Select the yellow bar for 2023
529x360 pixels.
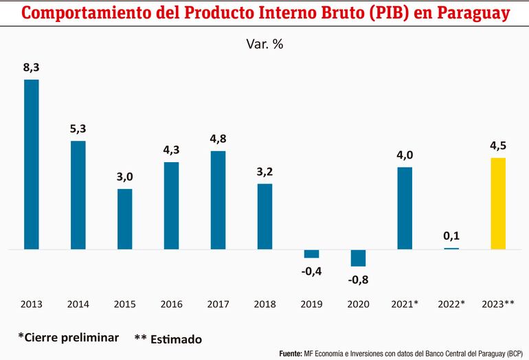(x=498, y=203)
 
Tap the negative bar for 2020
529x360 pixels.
(x=358, y=258)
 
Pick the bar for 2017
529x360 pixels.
(x=218, y=200)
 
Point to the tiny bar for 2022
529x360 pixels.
(x=451, y=248)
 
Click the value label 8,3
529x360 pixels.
(x=32, y=67)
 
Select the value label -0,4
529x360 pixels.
(x=311, y=271)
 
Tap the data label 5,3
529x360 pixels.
(x=78, y=128)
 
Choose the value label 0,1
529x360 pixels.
(x=451, y=236)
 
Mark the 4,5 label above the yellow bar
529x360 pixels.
(x=498, y=146)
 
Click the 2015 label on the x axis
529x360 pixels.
(x=124, y=304)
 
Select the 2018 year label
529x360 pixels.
(x=264, y=304)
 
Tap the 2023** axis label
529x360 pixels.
(x=499, y=304)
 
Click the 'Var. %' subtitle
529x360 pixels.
(x=264, y=44)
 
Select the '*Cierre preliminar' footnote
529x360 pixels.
(x=69, y=337)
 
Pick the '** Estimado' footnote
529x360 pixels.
(x=168, y=339)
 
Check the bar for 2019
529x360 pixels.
(x=311, y=254)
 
